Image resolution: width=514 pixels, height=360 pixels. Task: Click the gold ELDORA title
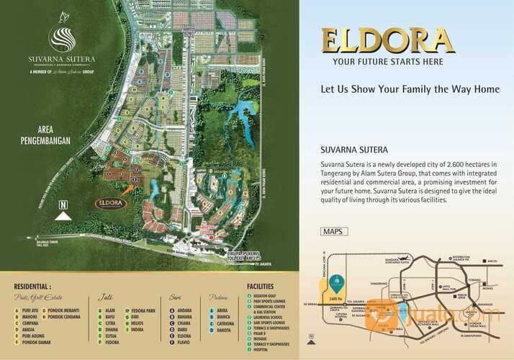coord(387,40)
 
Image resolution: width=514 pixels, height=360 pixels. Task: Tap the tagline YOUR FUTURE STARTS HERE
coord(387,61)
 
